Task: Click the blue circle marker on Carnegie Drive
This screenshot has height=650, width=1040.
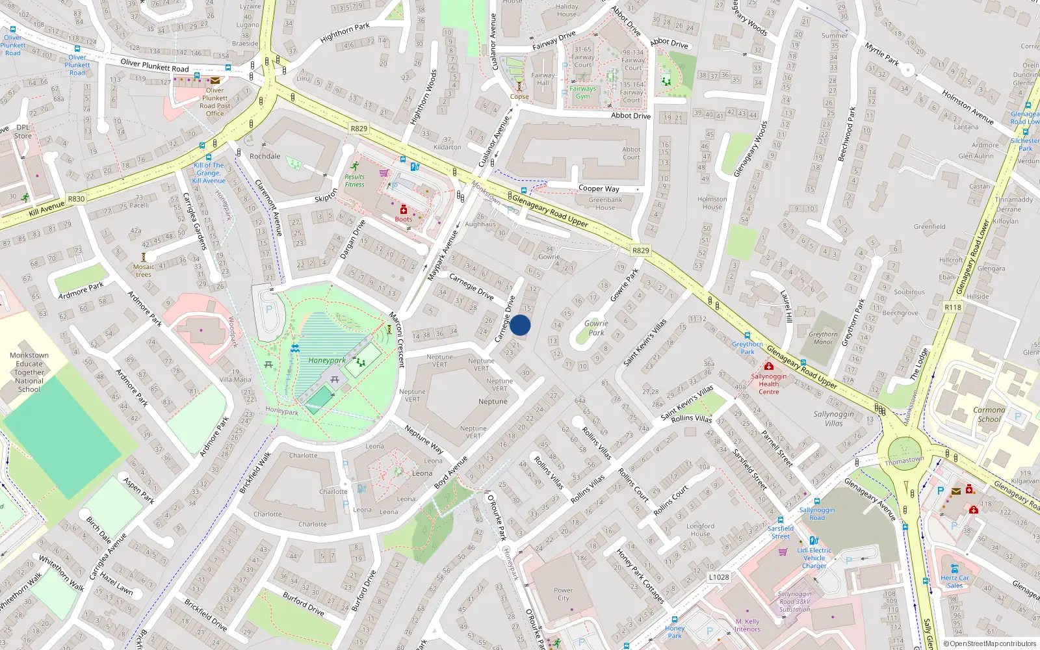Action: point(520,325)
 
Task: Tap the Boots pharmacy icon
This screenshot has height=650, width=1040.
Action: point(403,210)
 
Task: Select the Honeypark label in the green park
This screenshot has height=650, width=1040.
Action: point(327,360)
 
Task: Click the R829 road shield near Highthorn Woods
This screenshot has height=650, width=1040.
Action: point(359,129)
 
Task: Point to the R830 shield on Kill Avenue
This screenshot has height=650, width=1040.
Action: point(76,199)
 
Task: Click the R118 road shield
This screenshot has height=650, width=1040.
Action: point(953,307)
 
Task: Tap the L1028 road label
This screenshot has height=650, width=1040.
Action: point(719,577)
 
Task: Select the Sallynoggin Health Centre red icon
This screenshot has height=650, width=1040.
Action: point(768,367)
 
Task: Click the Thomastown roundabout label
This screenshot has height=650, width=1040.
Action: point(904,460)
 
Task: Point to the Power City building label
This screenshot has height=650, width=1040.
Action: point(563,594)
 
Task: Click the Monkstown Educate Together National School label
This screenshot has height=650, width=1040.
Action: point(29,372)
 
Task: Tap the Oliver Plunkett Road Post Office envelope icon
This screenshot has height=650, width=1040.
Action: point(214,81)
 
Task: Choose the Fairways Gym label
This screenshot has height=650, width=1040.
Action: point(582,92)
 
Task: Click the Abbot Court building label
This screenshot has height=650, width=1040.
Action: point(631,153)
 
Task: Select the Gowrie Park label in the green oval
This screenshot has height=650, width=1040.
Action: point(596,328)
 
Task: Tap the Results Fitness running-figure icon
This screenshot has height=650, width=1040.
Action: point(355,166)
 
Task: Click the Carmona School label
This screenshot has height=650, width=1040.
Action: point(989,414)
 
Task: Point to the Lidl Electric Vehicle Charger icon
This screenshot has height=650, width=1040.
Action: point(813,540)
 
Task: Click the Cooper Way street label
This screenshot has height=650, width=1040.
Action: point(599,188)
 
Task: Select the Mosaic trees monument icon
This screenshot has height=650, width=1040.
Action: point(144,257)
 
